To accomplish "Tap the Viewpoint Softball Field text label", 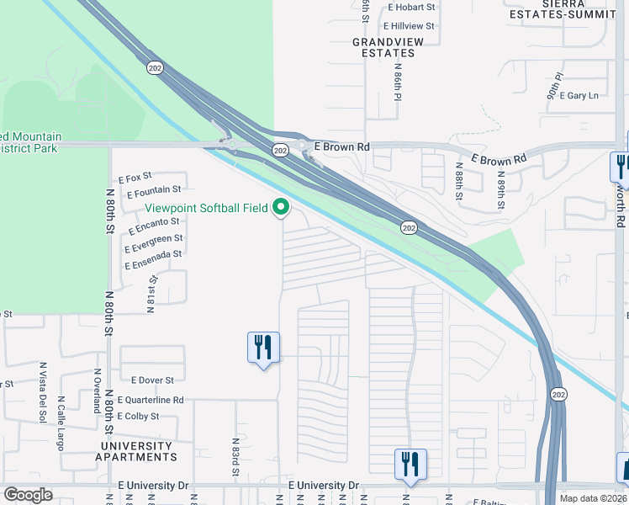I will (206, 208).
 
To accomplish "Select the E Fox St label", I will (135, 178).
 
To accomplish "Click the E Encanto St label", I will (155, 225).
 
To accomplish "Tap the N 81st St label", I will (152, 293).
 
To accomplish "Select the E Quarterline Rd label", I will (151, 400).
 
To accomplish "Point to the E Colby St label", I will (138, 417).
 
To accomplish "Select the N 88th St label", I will (459, 183).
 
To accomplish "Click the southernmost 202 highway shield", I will (558, 394).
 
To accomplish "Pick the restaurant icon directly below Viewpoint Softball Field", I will (263, 347).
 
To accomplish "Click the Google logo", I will (28, 495).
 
